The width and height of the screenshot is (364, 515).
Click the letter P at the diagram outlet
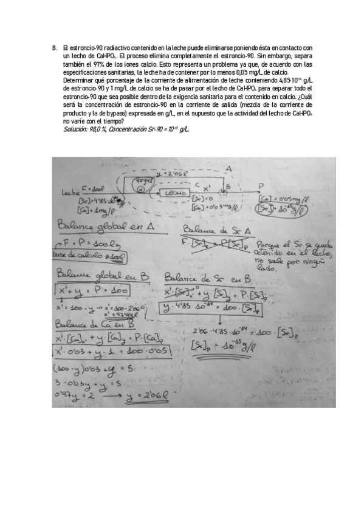261,186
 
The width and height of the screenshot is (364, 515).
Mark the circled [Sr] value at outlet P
281,210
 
